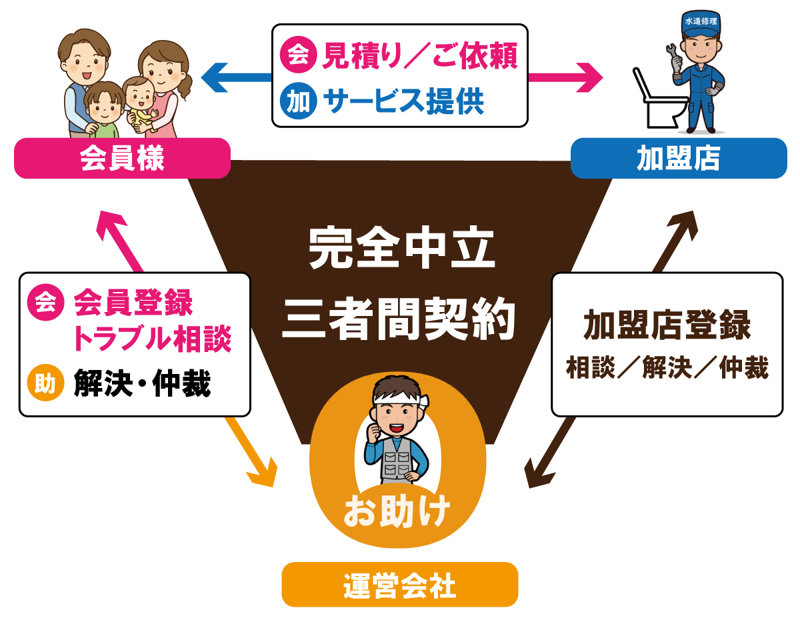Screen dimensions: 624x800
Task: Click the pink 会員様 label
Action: [x=122, y=159]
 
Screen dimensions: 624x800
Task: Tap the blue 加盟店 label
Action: [x=679, y=159]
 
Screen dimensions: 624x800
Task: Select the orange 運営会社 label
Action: [x=399, y=585]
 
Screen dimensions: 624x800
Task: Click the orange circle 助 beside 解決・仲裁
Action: [x=45, y=383]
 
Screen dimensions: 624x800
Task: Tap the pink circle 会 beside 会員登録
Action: [x=45, y=303]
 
